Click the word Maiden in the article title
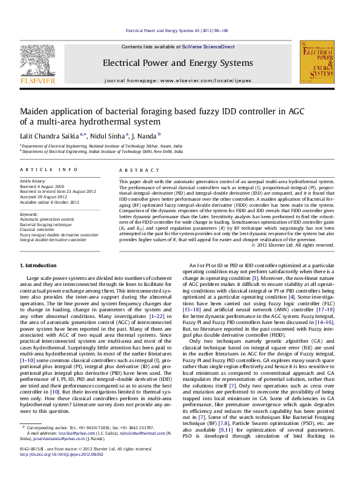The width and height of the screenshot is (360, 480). point(34,112)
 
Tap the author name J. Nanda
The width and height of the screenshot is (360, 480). point(146,135)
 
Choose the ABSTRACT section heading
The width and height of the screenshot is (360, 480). point(133,170)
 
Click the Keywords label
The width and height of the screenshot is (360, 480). point(29,214)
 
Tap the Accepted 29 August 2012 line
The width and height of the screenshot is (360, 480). point(42,196)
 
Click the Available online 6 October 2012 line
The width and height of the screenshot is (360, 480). point(46,201)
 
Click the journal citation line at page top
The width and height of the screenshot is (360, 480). point(180,30)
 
